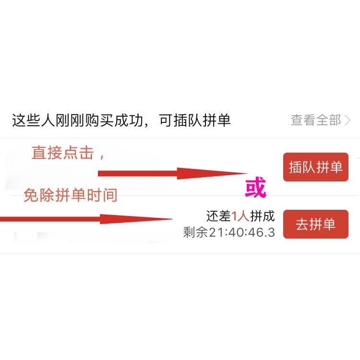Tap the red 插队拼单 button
315,167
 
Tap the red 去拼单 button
315,224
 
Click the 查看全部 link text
315,120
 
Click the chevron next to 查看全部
348,120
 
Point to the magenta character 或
255,189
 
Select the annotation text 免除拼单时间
71,195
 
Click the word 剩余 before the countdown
195,233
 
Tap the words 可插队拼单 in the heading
195,120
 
